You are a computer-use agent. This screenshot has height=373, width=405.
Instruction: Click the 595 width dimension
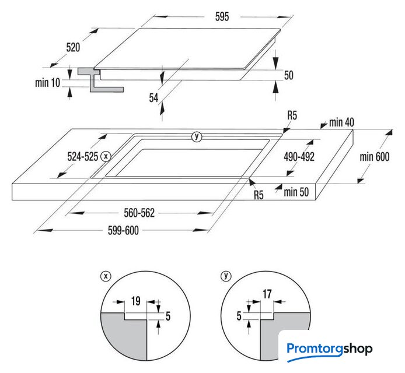click(x=222, y=17)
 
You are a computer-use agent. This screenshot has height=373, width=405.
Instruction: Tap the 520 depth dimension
click(x=73, y=47)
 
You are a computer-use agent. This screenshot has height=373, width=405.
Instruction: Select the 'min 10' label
click(x=47, y=83)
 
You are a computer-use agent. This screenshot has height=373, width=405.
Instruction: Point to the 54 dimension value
click(x=153, y=98)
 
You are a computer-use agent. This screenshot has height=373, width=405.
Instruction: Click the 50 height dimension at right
click(x=289, y=75)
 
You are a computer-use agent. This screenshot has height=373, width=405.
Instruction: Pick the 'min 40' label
click(x=341, y=122)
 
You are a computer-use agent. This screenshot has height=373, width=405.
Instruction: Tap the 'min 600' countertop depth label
click(x=375, y=157)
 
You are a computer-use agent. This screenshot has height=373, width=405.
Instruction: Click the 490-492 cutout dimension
click(x=299, y=157)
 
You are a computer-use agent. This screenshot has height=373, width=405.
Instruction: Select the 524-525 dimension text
click(x=83, y=157)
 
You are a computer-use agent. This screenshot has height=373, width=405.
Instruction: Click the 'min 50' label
click(x=296, y=192)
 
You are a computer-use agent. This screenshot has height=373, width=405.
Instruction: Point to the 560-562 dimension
click(x=139, y=213)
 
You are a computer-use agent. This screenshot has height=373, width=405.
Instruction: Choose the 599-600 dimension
click(x=123, y=230)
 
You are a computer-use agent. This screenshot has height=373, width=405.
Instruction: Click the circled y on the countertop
click(x=197, y=136)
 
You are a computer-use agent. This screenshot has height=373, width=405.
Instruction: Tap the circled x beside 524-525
click(x=106, y=156)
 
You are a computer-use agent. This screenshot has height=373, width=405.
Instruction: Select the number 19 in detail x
click(x=135, y=301)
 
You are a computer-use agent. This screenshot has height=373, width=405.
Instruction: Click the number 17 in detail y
click(x=267, y=294)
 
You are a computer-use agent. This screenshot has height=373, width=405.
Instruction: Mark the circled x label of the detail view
click(x=106, y=276)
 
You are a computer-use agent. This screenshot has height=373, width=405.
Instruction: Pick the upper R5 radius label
click(x=292, y=115)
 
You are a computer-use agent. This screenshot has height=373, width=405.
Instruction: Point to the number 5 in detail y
click(x=239, y=316)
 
